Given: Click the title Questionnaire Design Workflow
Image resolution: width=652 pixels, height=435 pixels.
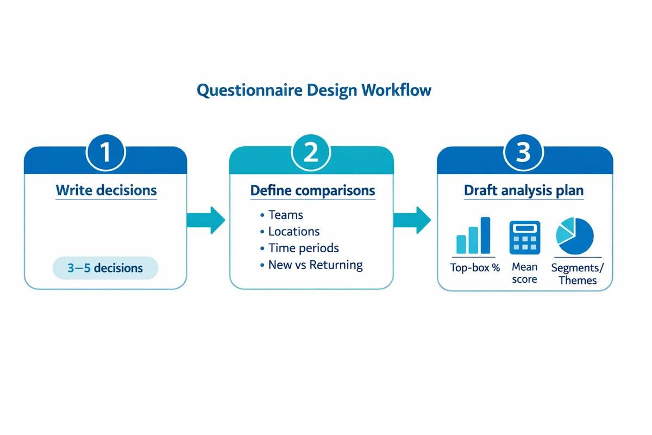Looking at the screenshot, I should (x=314, y=90).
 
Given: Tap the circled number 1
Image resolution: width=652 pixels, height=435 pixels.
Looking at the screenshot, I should (x=106, y=153).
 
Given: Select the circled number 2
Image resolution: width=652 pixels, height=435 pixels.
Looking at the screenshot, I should (x=311, y=153).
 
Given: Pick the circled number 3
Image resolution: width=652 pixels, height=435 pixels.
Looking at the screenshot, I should (x=523, y=153).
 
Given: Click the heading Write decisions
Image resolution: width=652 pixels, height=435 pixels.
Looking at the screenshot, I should (x=106, y=191).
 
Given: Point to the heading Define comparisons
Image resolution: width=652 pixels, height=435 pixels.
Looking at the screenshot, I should (x=312, y=191).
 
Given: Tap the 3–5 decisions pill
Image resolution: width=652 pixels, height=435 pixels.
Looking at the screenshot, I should (x=105, y=268).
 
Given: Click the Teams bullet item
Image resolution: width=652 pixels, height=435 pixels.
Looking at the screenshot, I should (x=285, y=215).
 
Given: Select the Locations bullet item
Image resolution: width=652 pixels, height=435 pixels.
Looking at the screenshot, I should (x=293, y=232).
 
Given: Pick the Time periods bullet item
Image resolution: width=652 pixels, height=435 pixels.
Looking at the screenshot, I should (x=303, y=248).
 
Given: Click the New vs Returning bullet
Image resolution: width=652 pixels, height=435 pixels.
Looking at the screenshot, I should (x=315, y=265).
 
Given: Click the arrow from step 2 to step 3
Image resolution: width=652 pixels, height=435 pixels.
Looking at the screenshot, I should (x=411, y=220).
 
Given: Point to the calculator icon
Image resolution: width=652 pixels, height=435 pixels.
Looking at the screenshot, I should (x=524, y=237).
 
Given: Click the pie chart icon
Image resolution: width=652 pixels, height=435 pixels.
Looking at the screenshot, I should (x=574, y=236).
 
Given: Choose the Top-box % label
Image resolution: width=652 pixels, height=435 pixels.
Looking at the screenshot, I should (x=475, y=268).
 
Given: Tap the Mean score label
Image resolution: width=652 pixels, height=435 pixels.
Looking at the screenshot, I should (x=524, y=273).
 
